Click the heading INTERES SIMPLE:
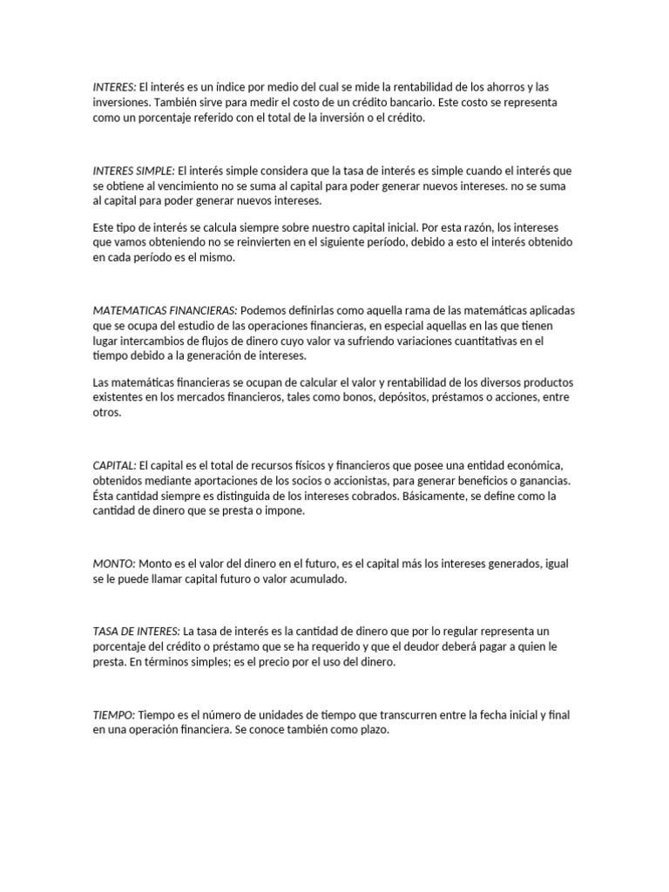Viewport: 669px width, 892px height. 134,171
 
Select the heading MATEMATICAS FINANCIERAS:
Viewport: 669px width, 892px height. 165,311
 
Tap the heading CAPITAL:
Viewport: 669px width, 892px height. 114,466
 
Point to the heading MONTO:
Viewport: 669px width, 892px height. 113,564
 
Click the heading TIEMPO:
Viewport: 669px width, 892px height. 114,714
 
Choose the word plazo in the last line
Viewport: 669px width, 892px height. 369,730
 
